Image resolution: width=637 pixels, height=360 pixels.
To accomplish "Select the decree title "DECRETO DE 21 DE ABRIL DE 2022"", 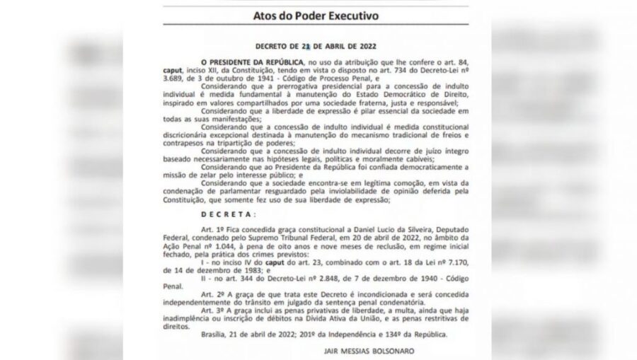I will coord(318,47).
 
